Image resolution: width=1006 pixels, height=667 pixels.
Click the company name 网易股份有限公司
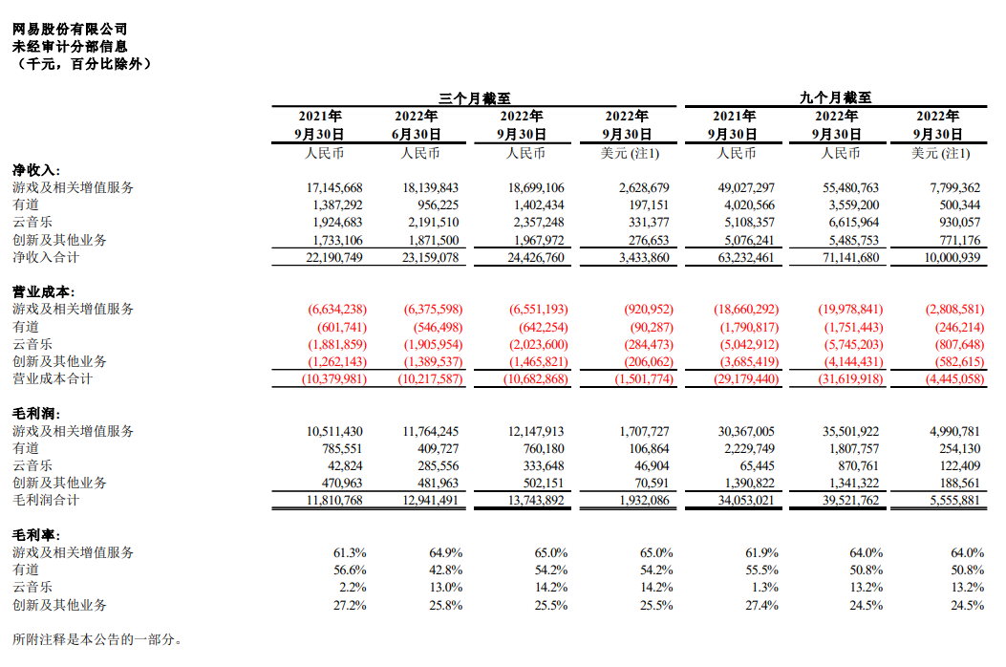[x=69, y=30]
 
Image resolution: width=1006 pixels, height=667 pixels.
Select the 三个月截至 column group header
[x=474, y=97]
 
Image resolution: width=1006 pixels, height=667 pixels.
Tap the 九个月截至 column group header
[x=836, y=97]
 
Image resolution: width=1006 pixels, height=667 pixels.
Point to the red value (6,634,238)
[x=337, y=311]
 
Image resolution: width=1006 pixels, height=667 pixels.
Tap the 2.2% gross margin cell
[x=351, y=588]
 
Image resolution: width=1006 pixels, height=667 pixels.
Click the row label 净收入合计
[x=46, y=258]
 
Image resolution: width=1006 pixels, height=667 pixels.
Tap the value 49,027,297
[x=742, y=188]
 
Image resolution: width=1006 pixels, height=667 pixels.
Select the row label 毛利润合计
[x=46, y=501]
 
